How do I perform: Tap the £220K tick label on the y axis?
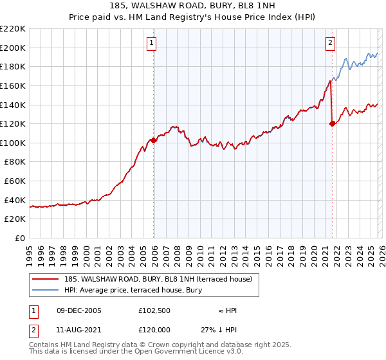pos(13,29)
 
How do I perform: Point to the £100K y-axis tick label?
pos(13,143)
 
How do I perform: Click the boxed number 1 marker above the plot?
pos(152,44)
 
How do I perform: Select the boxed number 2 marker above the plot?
pos(330,44)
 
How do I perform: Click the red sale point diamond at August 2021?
pos(332,124)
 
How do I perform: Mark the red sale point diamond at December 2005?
pos(154,140)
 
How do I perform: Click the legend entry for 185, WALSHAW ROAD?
pos(161,279)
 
